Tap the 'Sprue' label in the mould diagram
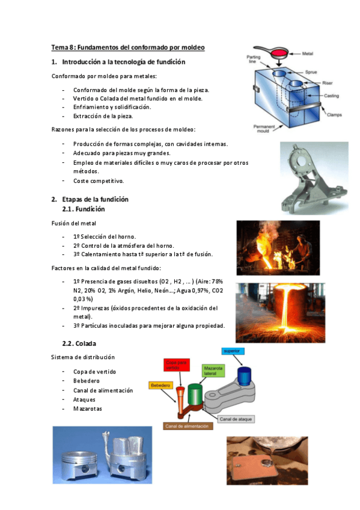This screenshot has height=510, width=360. [x=311, y=72]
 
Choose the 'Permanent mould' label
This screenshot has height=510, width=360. [x=264, y=129]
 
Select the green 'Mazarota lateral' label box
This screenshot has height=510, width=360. [x=213, y=369]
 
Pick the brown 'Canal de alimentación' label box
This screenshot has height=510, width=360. [x=188, y=426]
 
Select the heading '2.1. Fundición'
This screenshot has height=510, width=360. [x=84, y=209]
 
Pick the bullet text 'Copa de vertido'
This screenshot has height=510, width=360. [x=94, y=372]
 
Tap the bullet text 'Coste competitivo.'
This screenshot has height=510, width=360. [x=99, y=180]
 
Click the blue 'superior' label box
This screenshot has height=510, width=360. [x=233, y=351]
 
